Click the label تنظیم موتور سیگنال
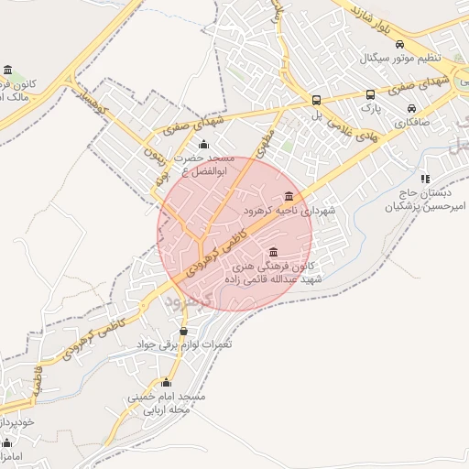coord(404,59)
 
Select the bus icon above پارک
coord(370,94)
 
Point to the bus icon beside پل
coord(316,100)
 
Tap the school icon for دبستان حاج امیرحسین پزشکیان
coord(424,179)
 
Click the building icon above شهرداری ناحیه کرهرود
coord(289,197)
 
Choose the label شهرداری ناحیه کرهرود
coord(289,211)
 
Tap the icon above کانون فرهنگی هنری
coord(272,253)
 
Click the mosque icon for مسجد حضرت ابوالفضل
coord(203,145)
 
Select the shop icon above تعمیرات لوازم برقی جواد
coord(184,331)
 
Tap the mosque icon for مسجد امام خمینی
coord(166,383)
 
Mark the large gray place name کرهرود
coord(193,299)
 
